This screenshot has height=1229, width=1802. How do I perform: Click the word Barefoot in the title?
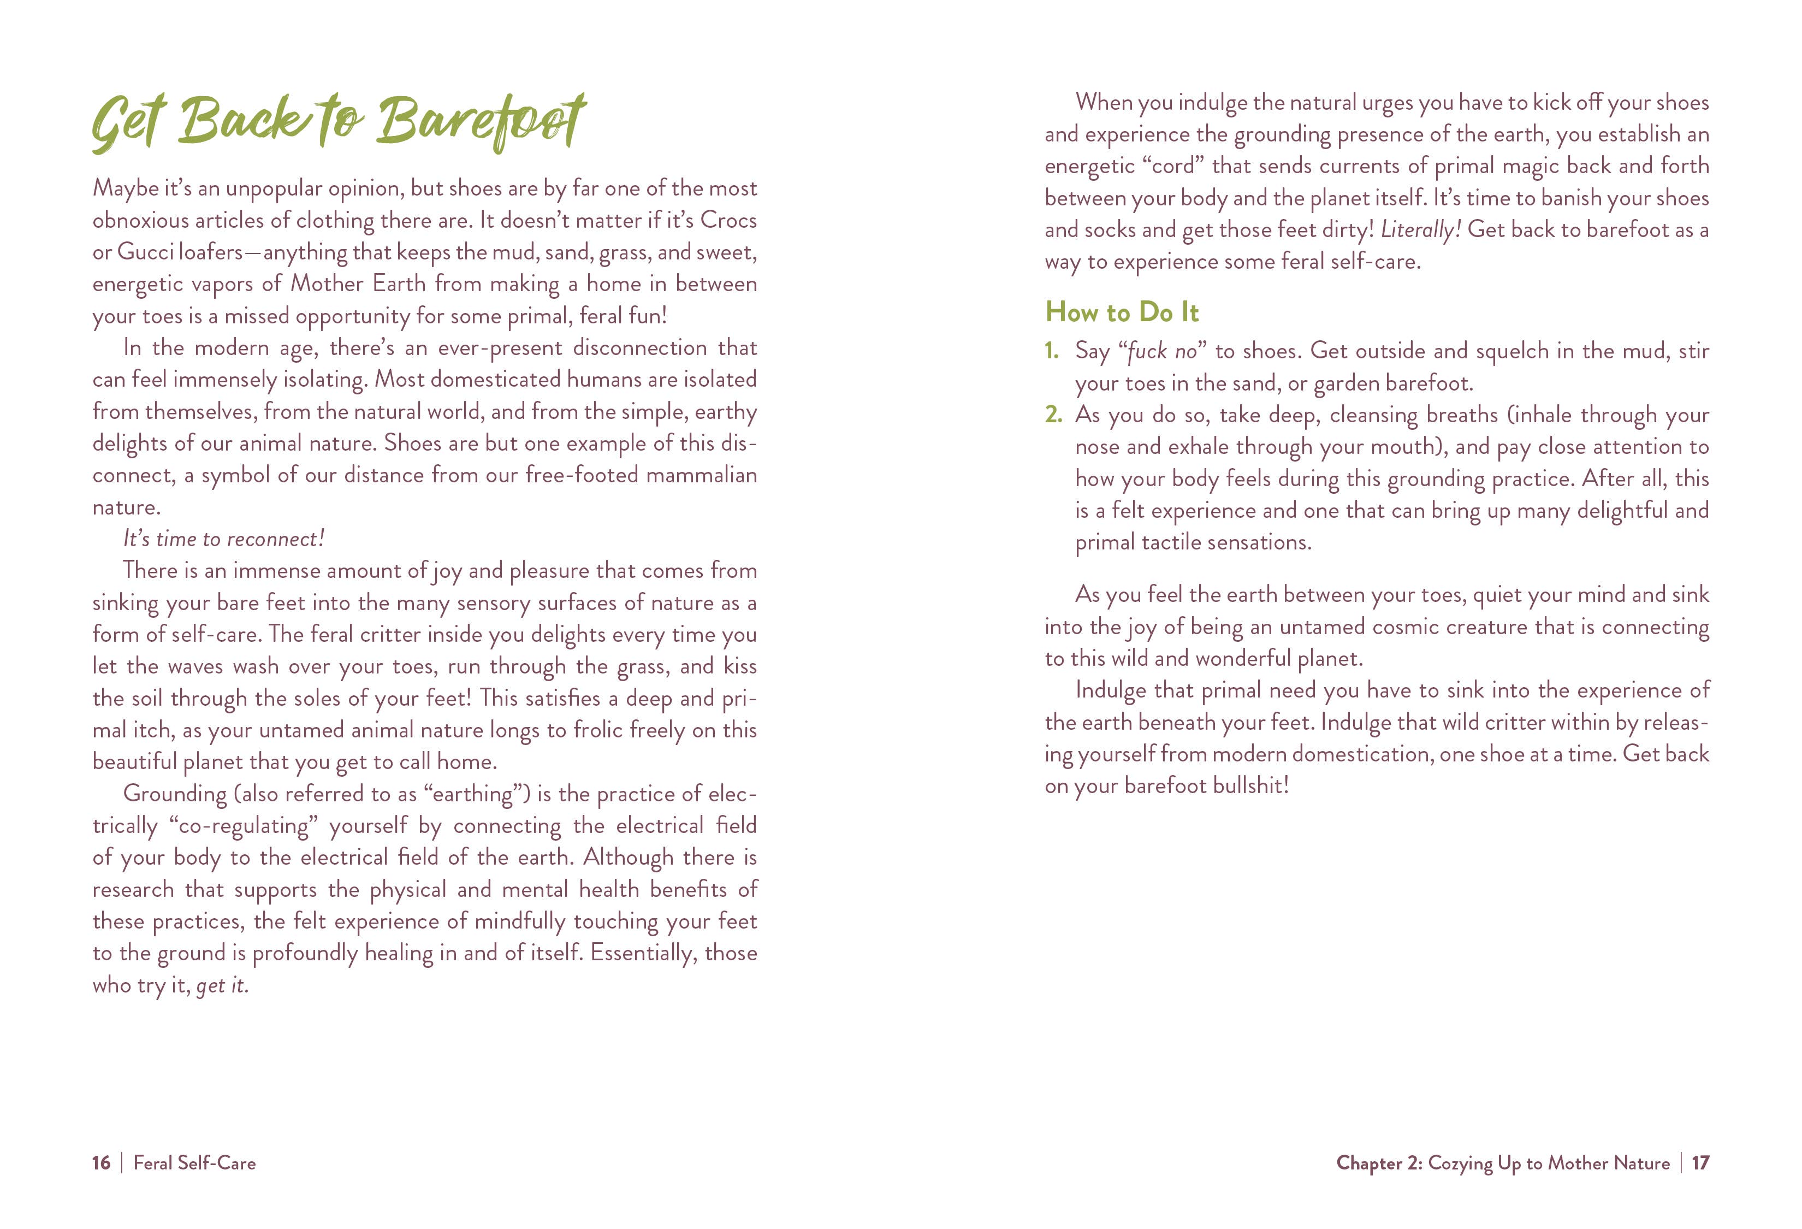click(x=481, y=122)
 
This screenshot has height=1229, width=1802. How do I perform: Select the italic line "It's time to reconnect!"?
click(x=223, y=539)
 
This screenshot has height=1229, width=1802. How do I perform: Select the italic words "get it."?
click(x=223, y=985)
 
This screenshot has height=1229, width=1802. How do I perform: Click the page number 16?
click(x=101, y=1163)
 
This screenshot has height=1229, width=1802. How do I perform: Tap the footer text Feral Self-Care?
click(x=194, y=1163)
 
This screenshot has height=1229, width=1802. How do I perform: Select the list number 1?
click(x=1051, y=351)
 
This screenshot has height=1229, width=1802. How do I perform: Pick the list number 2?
click(x=1052, y=415)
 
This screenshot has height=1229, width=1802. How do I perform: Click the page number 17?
click(x=1700, y=1163)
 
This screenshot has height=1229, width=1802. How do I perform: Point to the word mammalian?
click(x=701, y=475)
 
